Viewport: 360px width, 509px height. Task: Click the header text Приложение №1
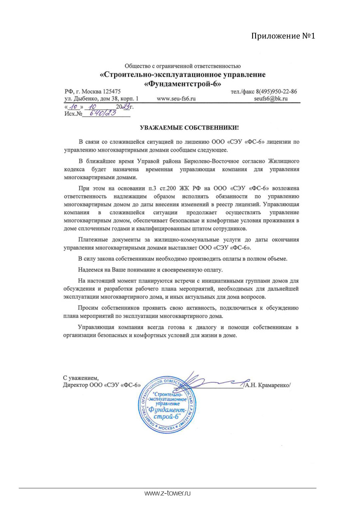(x=284, y=36)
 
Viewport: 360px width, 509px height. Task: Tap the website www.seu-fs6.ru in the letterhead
(x=176, y=99)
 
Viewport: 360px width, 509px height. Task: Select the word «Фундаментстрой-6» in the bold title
(x=183, y=84)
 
